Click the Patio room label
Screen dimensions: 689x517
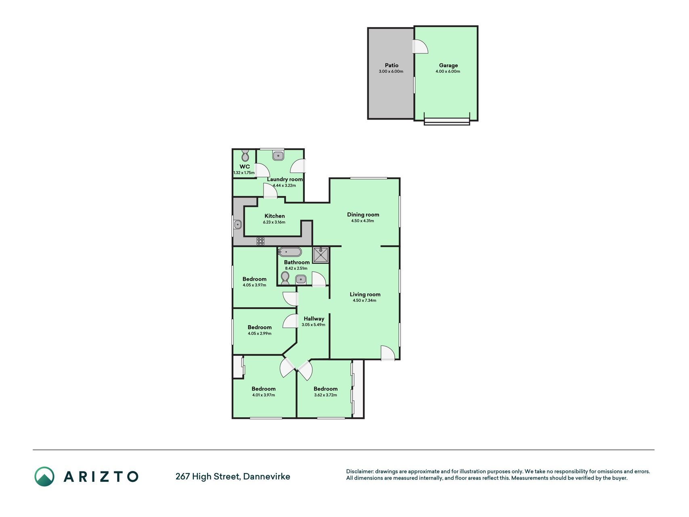[392, 65]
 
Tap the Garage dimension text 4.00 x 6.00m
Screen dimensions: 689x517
[448, 71]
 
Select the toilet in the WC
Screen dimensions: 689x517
[245, 156]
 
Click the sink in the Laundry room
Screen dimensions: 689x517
[279, 156]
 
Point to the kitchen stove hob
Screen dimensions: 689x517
[260, 241]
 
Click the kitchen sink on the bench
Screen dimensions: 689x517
[237, 224]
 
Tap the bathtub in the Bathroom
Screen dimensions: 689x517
[290, 252]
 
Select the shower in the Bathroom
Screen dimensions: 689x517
[320, 255]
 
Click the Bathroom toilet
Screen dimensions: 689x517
[285, 278]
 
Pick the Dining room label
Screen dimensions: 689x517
[363, 214]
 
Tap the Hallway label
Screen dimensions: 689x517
[314, 319]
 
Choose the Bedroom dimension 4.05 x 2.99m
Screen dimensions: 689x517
[260, 334]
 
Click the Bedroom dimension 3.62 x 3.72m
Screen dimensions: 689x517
[325, 395]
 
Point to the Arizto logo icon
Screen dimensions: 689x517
[44, 477]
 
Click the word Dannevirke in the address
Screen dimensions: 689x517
[267, 477]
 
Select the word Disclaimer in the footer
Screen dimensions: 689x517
[360, 471]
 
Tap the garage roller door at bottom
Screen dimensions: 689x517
[447, 121]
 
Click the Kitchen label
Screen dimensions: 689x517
[274, 216]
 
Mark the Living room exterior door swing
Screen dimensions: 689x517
[387, 353]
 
